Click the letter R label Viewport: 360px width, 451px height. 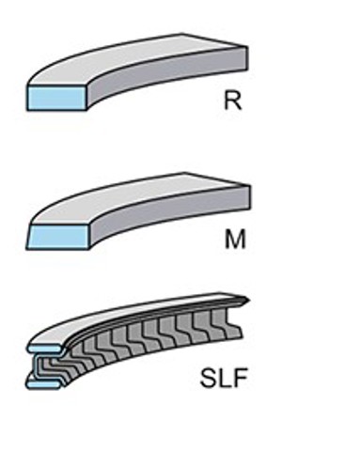tap(233, 101)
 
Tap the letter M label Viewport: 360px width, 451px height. tap(235, 240)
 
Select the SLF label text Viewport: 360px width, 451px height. tap(224, 379)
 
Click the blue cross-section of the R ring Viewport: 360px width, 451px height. tap(56, 98)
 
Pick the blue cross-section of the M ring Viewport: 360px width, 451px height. tap(58, 237)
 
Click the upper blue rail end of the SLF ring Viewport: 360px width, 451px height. tap(44, 349)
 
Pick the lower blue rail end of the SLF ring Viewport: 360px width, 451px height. tap(43, 384)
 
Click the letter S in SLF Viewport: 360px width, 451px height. tap(208, 379)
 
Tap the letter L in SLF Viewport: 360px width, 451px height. tap(225, 379)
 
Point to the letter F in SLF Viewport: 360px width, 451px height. tap(241, 379)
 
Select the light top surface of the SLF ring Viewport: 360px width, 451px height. tap(125, 317)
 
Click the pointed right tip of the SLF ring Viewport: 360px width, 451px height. tap(250, 301)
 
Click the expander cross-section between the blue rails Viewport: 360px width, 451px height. tap(47, 365)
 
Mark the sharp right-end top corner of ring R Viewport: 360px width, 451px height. tap(247, 47)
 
